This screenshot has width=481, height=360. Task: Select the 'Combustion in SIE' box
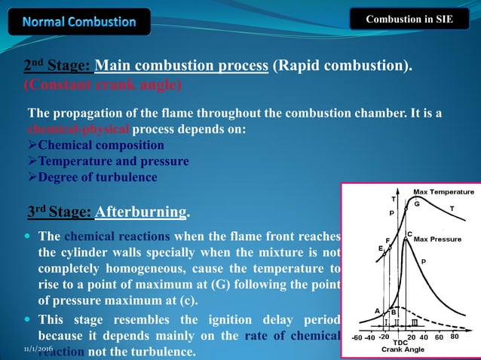[x=409, y=19]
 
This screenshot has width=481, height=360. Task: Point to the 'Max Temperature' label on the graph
[x=443, y=191]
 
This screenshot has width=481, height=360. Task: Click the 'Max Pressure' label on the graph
[x=437, y=239]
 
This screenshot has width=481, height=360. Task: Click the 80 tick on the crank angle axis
[x=455, y=337]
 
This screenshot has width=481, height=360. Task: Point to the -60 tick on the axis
[x=356, y=337]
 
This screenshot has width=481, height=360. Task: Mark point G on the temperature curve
[x=417, y=204]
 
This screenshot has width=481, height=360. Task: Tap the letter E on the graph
[x=381, y=248]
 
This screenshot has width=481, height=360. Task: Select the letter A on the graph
[x=377, y=310]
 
